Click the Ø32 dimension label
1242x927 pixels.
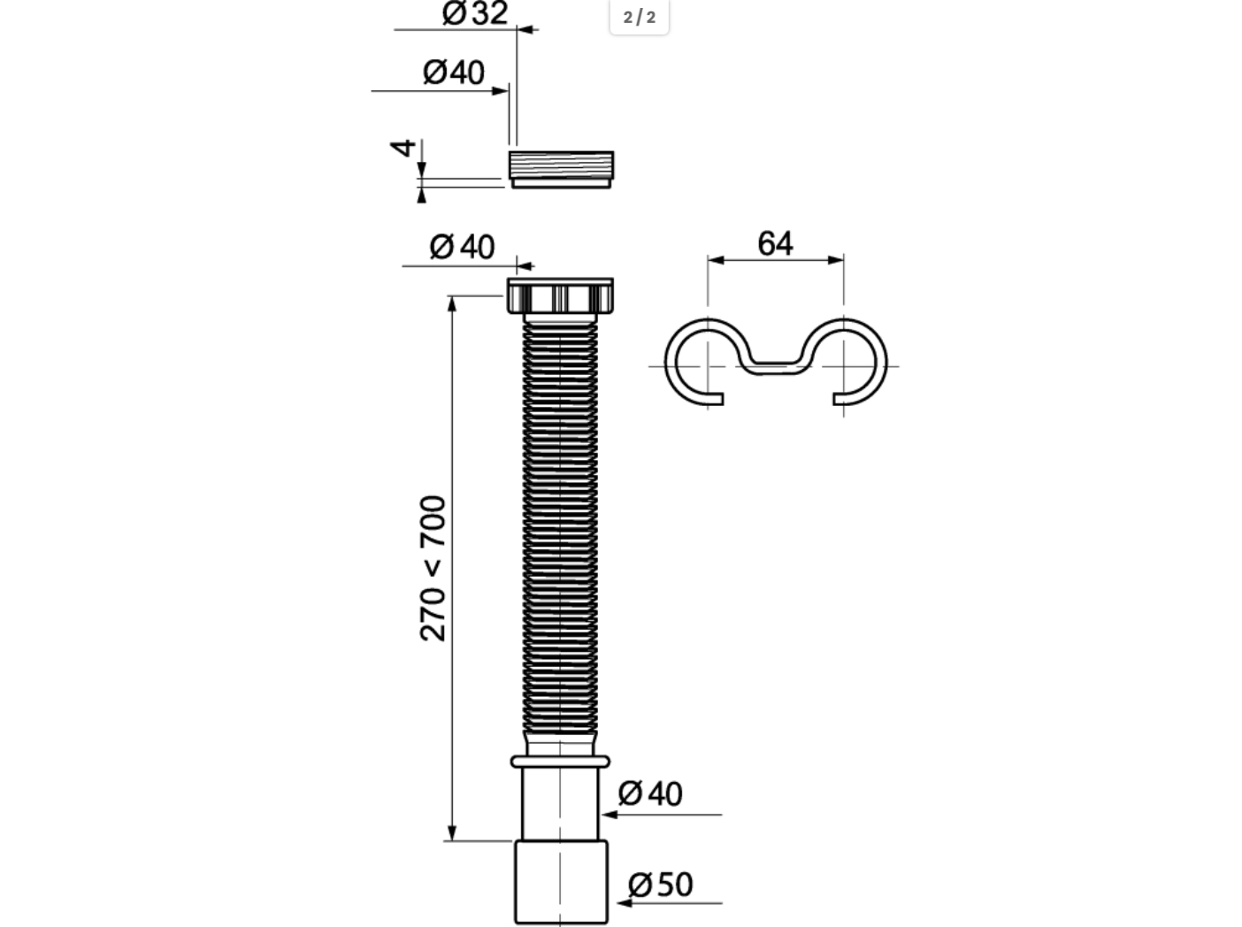click(475, 13)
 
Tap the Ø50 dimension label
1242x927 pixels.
click(660, 885)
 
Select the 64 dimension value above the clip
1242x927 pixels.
click(775, 244)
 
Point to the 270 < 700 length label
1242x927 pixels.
click(433, 569)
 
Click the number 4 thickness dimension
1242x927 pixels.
click(402, 149)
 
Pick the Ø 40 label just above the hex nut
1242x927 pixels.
click(463, 247)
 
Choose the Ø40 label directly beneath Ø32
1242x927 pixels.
click(454, 73)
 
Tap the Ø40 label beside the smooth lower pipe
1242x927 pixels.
click(650, 793)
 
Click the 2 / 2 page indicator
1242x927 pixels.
click(640, 17)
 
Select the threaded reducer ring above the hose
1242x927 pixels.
click(561, 169)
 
